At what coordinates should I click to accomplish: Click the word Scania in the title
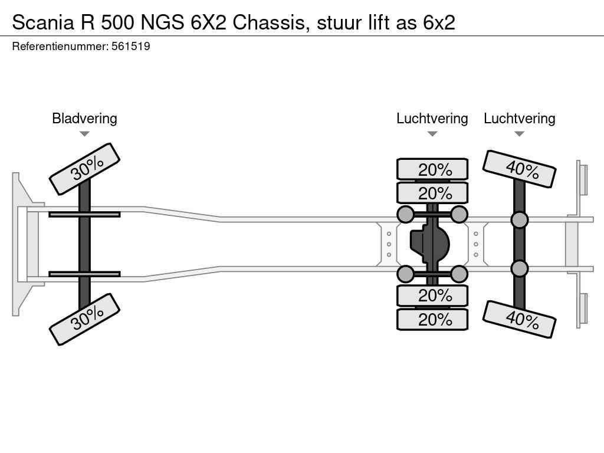click(42, 22)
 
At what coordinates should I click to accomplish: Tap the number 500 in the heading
click(118, 22)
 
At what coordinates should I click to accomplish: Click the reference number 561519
click(130, 46)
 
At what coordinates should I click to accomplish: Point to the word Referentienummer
click(60, 46)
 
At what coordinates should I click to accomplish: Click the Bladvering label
click(84, 118)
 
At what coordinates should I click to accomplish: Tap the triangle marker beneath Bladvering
click(84, 134)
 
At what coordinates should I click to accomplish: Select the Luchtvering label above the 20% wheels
click(432, 118)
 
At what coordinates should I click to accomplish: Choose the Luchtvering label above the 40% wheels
click(519, 118)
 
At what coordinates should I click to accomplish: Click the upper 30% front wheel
click(84, 169)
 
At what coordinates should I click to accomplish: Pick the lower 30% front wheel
click(84, 319)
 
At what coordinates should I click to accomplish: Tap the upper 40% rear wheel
click(519, 169)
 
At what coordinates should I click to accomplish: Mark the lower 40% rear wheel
click(519, 320)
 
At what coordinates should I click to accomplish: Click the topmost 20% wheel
click(432, 169)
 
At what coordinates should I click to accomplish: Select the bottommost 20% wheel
click(432, 319)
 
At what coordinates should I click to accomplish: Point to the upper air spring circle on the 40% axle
click(519, 219)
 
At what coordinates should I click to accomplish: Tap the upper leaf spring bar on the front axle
click(84, 214)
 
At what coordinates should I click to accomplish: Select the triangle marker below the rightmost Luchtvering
click(519, 134)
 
